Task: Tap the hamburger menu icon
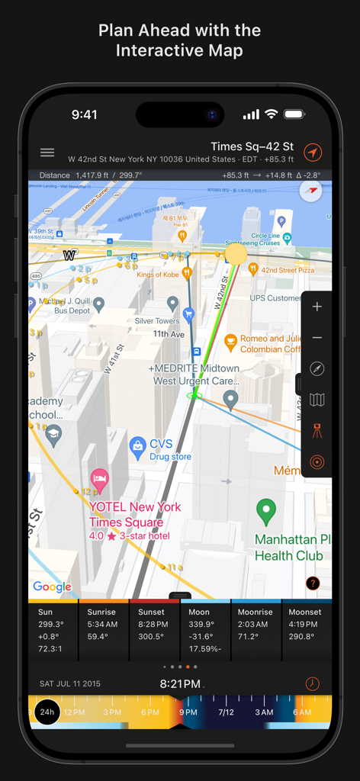(47, 153)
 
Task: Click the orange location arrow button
(313, 153)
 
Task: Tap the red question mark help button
(313, 583)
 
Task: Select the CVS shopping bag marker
(138, 446)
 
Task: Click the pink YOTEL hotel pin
(99, 480)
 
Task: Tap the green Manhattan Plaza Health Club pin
(265, 512)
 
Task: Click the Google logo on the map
(52, 587)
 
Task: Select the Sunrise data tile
(103, 629)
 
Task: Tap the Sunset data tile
(154, 629)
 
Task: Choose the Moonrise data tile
(256, 629)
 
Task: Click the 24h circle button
(47, 712)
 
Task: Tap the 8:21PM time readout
(180, 684)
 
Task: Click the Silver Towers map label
(157, 321)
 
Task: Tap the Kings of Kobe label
(158, 275)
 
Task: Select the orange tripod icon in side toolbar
(317, 431)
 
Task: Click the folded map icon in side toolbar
(317, 400)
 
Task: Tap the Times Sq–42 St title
(252, 146)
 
